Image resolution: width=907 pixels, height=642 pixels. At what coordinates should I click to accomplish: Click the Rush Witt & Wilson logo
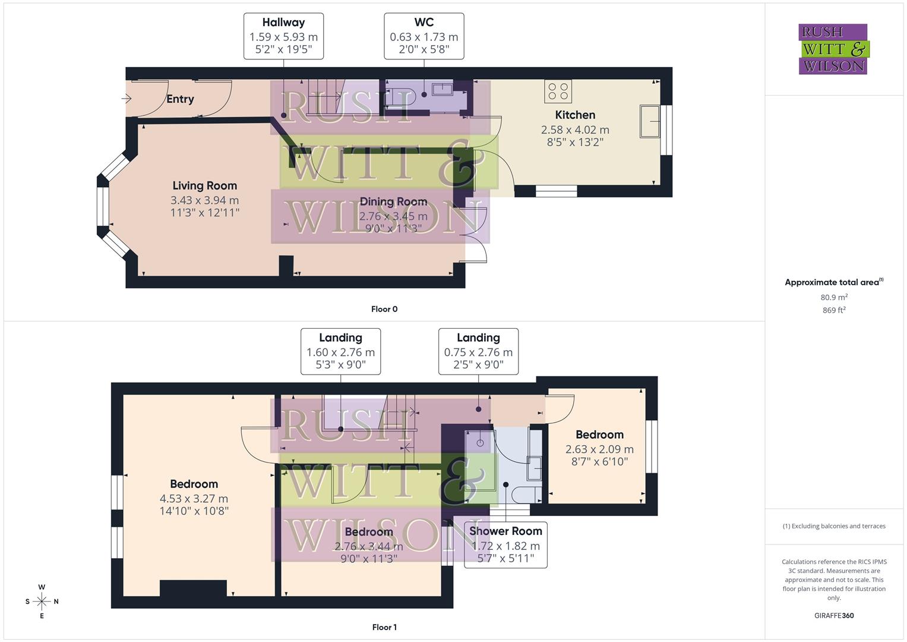833,49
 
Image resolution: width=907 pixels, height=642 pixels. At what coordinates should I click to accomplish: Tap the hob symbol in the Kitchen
558,92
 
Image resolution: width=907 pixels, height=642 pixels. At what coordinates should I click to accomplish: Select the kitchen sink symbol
650,121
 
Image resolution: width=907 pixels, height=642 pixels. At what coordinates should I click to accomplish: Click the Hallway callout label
283,36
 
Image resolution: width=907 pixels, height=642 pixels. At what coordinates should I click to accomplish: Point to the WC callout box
424,36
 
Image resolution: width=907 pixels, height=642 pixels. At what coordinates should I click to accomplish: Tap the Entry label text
180,99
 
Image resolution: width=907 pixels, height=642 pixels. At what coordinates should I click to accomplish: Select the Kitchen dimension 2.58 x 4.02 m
574,130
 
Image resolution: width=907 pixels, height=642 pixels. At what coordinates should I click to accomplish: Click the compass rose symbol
42,602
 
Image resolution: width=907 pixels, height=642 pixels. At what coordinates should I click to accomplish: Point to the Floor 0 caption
384,309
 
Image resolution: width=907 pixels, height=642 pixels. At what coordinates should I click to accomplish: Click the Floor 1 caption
384,627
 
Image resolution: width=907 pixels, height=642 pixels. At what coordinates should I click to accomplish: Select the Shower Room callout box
505,545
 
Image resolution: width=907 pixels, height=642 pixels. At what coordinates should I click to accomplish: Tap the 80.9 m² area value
834,297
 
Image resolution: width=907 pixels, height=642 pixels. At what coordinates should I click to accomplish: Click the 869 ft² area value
834,310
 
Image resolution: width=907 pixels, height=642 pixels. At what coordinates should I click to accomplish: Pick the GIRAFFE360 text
834,615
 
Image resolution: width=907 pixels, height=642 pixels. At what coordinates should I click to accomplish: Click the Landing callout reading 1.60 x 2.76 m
340,351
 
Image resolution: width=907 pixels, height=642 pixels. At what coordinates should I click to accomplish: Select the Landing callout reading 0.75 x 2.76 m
478,351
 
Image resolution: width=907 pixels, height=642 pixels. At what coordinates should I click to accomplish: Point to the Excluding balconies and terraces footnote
834,526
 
